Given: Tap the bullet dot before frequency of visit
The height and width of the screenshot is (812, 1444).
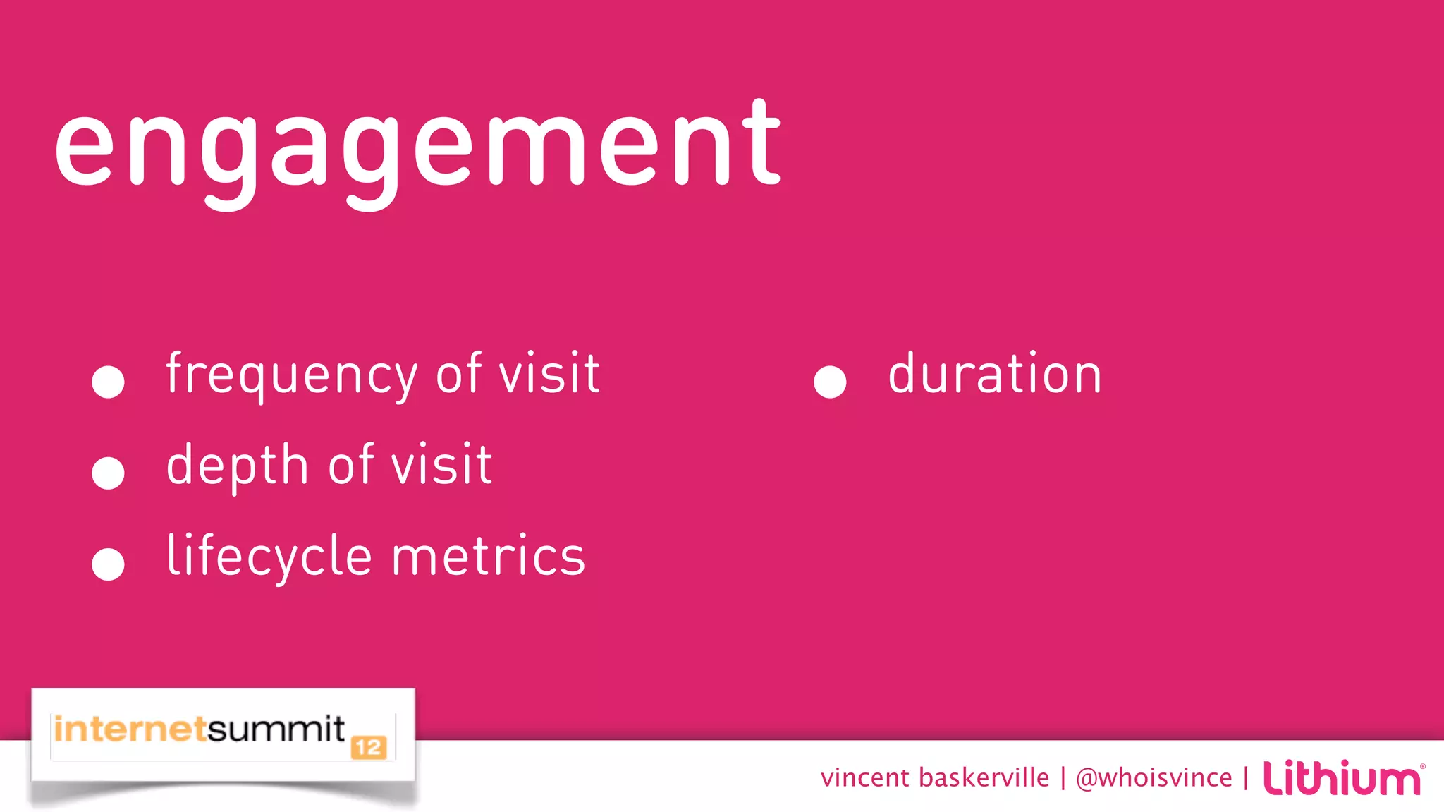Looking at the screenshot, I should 108,382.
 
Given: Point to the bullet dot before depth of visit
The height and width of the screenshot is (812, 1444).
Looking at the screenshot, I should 108,473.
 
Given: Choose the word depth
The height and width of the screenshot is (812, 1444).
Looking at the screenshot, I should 238,466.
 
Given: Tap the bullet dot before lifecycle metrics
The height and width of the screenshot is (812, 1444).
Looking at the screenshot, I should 108,564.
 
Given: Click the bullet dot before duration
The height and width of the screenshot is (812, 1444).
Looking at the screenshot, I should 830,382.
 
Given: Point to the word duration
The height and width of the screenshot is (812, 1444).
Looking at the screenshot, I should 994,373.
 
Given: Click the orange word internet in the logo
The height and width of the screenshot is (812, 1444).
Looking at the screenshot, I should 130,729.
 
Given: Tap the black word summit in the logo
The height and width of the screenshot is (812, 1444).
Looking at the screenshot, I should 276,729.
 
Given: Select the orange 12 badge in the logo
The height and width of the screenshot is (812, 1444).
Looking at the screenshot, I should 369,748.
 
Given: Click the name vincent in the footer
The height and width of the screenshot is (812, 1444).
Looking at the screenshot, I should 865,777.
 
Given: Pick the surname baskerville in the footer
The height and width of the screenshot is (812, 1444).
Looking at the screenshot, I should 984,777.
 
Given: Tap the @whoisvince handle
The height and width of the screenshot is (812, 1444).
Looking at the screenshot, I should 1154,777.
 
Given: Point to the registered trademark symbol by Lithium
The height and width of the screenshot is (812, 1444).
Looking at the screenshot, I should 1422,766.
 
